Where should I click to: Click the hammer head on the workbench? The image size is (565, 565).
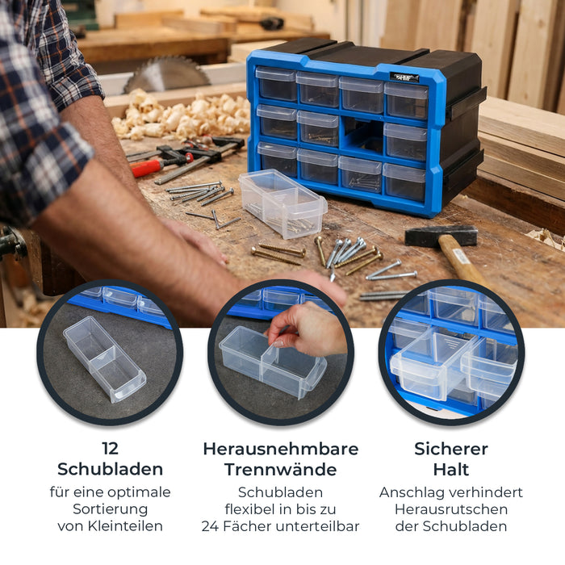[x=441, y=235]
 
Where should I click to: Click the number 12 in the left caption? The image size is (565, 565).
[x=110, y=449]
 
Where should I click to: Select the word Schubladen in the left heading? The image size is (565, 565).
[x=110, y=469]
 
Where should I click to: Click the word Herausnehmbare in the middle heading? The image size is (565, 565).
[x=280, y=449]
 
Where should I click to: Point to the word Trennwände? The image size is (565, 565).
[x=280, y=469]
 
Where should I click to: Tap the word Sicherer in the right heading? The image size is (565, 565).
[x=451, y=449]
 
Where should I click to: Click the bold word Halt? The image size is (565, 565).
[x=451, y=469]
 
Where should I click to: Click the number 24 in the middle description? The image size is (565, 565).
[x=212, y=526]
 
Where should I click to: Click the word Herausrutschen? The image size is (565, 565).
[x=451, y=509]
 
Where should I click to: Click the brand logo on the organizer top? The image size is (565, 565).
[x=404, y=77]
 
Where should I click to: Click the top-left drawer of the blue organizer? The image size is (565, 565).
[x=276, y=84]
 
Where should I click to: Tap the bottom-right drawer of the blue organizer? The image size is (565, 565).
[x=404, y=182]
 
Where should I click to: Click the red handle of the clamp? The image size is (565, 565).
[x=146, y=167]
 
